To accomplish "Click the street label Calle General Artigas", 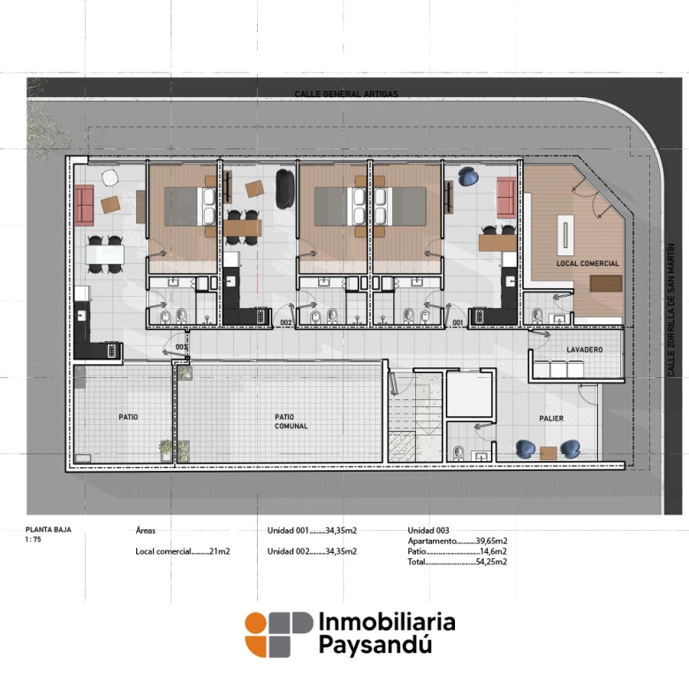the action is point(346,94).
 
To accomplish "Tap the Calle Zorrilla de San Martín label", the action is point(671,310).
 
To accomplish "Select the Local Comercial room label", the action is point(587,263).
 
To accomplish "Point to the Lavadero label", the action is point(585,350).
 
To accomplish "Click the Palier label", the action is point(551,419).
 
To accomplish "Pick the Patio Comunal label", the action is point(291,421).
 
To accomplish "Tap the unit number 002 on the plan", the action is point(286,322).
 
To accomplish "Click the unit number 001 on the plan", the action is point(458,322).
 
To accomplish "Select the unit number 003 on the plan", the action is point(181,347).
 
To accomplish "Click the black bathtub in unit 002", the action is point(284,189).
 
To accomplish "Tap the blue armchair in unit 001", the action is point(468,176).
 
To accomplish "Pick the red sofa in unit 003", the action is point(84,205).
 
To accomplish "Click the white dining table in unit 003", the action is point(105,254).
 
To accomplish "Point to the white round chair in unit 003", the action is point(110,178).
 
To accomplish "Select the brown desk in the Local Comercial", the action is point(605,284).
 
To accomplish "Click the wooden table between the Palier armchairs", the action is point(549,452).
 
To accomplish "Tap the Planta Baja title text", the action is point(49,529).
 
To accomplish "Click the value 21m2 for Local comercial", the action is point(220,551).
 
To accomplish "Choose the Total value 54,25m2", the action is point(491,562).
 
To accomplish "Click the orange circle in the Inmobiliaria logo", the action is point(256,623).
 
